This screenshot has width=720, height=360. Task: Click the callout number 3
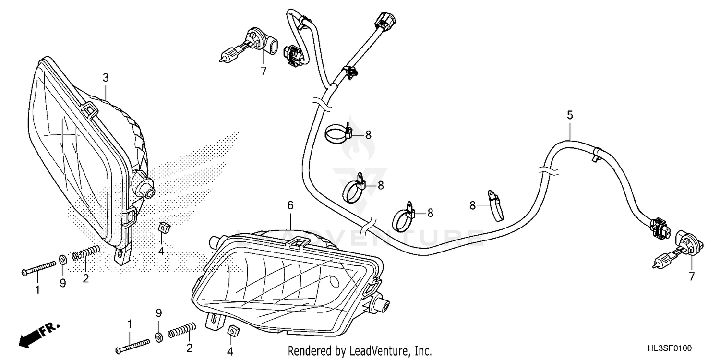pyautogui.click(x=106, y=77)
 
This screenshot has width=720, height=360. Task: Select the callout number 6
pyautogui.click(x=290, y=205)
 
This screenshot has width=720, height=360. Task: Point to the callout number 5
pyautogui.click(x=570, y=115)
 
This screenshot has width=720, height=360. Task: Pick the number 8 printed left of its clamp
pyautogui.click(x=473, y=205)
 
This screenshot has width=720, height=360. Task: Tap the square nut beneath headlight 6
pyautogui.click(x=233, y=331)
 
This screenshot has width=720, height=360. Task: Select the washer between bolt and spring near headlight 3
pyautogui.click(x=63, y=260)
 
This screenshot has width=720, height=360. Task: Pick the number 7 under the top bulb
pyautogui.click(x=263, y=71)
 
